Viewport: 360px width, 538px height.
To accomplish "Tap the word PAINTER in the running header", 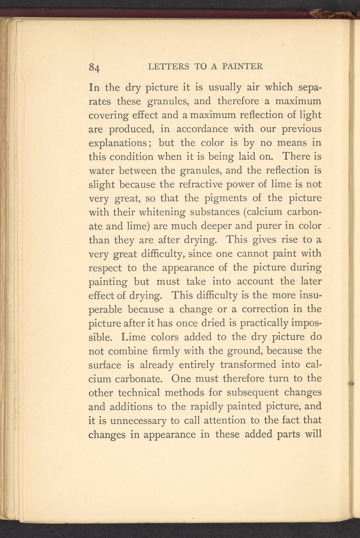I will point(243,66).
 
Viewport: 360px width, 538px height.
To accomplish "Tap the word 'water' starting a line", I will point(102,171).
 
